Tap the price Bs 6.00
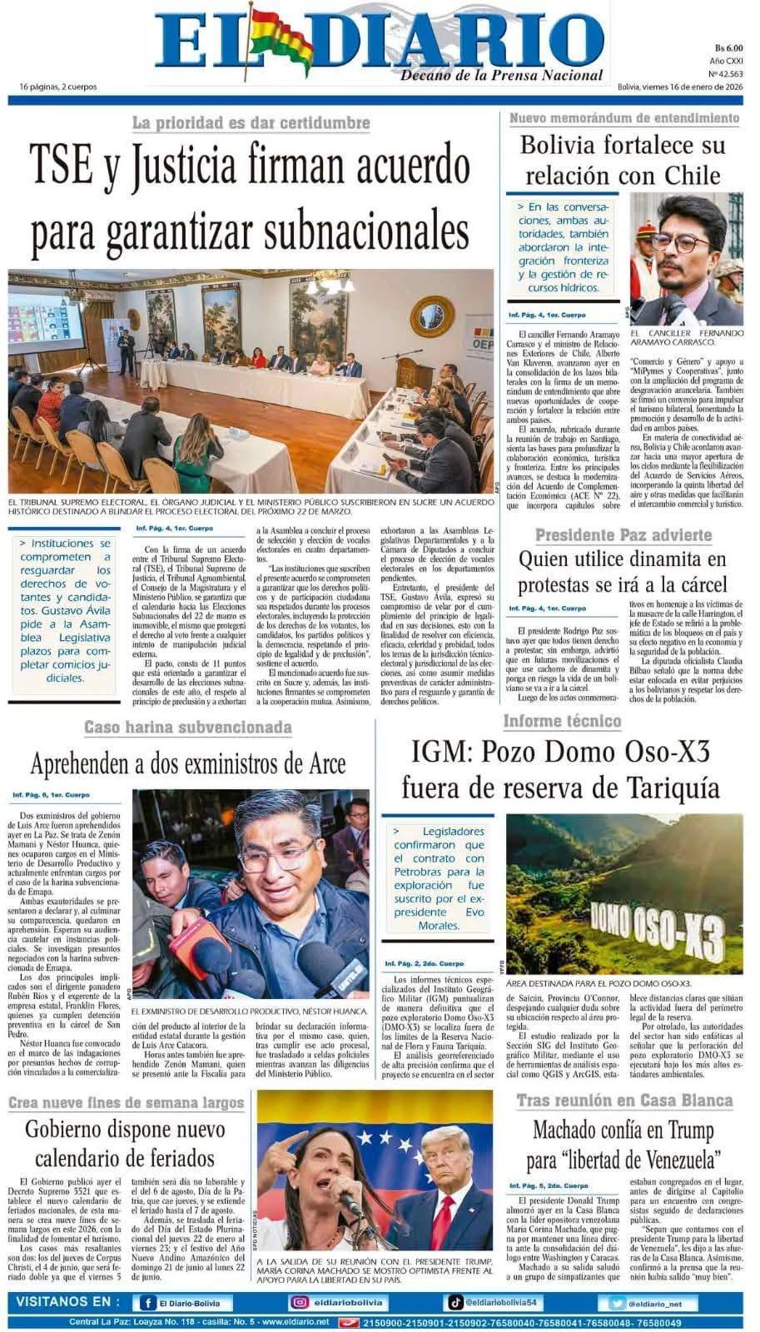point(728,47)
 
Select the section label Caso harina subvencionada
point(188,728)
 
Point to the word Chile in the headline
point(692,176)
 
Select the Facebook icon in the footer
point(148,1303)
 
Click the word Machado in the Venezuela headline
point(577,1131)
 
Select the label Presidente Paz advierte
point(623,534)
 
